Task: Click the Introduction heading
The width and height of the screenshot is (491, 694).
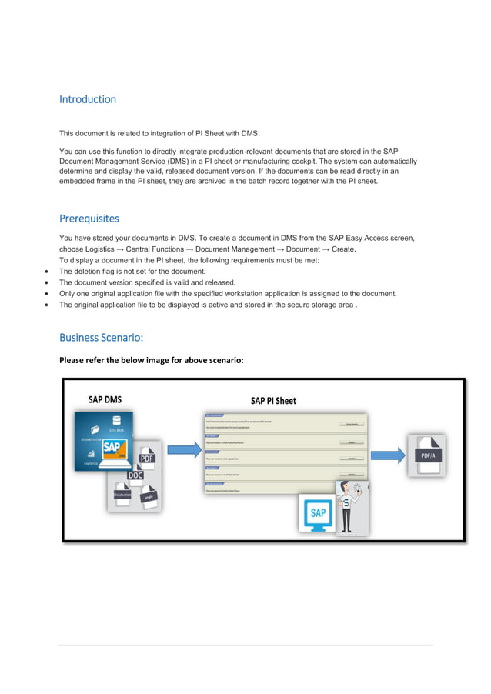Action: [x=88, y=99]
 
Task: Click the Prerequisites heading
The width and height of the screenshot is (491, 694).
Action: [x=89, y=219]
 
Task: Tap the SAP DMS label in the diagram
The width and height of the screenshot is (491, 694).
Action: [x=105, y=399]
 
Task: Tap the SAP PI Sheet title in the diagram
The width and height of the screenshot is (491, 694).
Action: [x=273, y=401]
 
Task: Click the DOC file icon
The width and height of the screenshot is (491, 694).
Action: [x=135, y=475]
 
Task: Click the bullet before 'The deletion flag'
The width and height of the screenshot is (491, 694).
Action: [x=48, y=272]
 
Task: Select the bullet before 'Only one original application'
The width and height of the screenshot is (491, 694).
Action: [x=48, y=294]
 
